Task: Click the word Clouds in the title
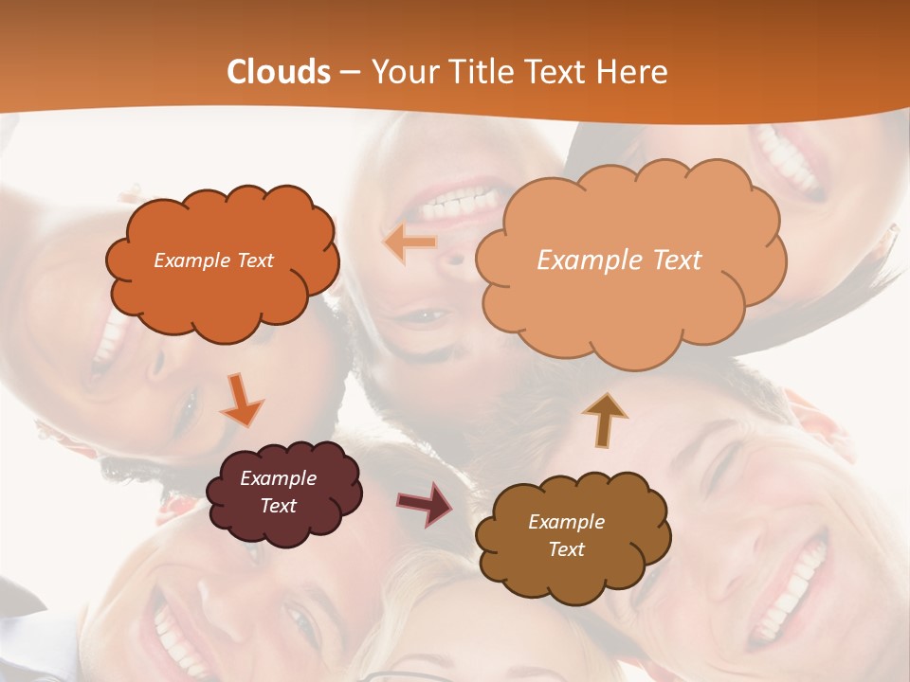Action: click(x=279, y=72)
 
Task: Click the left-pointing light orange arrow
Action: click(x=409, y=243)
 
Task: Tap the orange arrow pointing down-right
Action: click(x=242, y=401)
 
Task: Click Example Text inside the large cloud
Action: click(x=619, y=260)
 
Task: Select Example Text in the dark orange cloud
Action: click(x=213, y=260)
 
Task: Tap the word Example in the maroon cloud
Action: click(x=278, y=478)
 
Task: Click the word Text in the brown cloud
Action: click(x=566, y=549)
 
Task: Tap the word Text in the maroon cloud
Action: click(x=278, y=506)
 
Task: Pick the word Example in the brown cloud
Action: click(x=566, y=522)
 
